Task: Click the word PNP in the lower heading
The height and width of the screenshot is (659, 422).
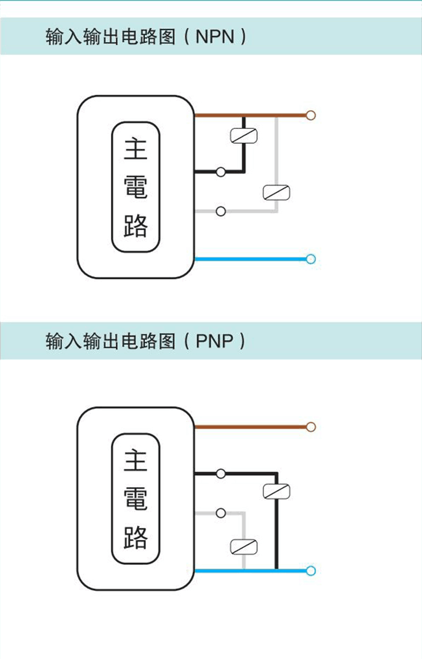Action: tap(214, 341)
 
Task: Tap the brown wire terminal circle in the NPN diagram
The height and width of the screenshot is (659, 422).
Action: tap(311, 115)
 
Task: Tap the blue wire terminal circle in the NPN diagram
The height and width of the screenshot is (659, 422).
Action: tap(311, 259)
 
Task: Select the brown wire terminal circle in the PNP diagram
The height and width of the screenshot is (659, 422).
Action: tap(311, 427)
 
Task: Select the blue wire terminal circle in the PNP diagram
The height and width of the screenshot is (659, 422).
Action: tap(311, 571)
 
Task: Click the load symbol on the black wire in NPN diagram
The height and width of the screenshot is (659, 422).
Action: tap(243, 135)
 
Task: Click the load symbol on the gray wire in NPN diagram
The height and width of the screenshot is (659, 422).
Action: tap(276, 192)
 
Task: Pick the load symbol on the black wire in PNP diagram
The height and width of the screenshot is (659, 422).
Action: tap(276, 491)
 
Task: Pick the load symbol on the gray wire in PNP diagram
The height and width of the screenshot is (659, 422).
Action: tap(243, 546)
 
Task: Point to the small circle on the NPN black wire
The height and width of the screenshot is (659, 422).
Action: tap(220, 172)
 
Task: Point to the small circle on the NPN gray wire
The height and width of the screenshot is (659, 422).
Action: tap(220, 212)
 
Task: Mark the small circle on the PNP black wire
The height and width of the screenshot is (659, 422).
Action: tap(220, 473)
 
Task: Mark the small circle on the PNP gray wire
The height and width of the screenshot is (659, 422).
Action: tap(220, 513)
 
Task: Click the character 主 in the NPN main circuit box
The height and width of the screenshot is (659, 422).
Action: tap(136, 149)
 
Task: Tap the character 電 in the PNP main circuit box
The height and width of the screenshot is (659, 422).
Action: tap(136, 498)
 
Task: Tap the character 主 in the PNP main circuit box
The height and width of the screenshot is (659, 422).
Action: tap(136, 461)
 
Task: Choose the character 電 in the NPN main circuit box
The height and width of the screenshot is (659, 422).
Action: tap(136, 187)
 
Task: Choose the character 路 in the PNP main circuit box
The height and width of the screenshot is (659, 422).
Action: tap(136, 537)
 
